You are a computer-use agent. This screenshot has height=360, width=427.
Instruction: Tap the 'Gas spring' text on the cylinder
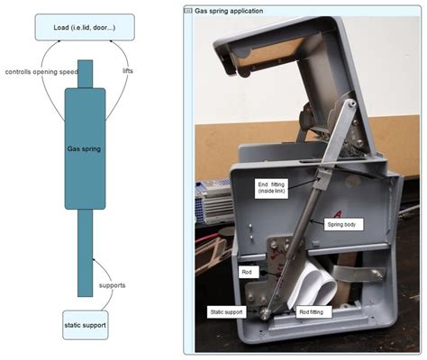pos(85,148)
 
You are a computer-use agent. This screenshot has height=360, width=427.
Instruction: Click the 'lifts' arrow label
pos(128,69)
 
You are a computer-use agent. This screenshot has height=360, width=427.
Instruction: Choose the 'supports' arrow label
pos(113,285)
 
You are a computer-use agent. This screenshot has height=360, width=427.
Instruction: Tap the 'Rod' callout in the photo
pos(247,270)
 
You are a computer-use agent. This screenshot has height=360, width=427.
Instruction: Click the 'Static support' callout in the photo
pos(227,311)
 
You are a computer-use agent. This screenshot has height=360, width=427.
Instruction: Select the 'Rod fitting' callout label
pos(314,311)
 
